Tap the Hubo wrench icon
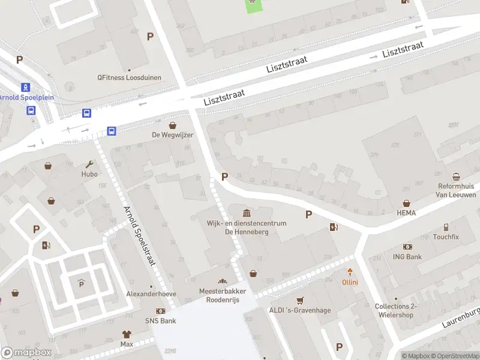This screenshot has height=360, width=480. coord(89,164)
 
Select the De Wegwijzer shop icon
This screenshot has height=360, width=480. coord(173,125)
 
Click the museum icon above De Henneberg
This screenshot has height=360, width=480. coord(247,213)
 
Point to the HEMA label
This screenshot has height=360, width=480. coord(406,213)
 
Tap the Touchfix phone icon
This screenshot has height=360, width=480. coord(446,227)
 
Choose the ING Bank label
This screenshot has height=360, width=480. coord(408,257)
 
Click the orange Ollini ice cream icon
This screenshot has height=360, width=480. coord(350,273)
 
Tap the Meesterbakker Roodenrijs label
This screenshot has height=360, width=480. coord(223,295)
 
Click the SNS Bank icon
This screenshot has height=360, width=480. coord(160,311)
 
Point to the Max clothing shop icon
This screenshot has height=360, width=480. coord(126,334)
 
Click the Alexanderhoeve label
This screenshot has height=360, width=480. coord(151,294)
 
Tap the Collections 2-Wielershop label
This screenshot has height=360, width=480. coord(395,310)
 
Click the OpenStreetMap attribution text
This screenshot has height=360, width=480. coord(454,356)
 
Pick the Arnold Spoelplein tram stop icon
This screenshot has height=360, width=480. coord(26,87)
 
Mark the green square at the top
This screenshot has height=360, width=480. coord(253,5)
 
